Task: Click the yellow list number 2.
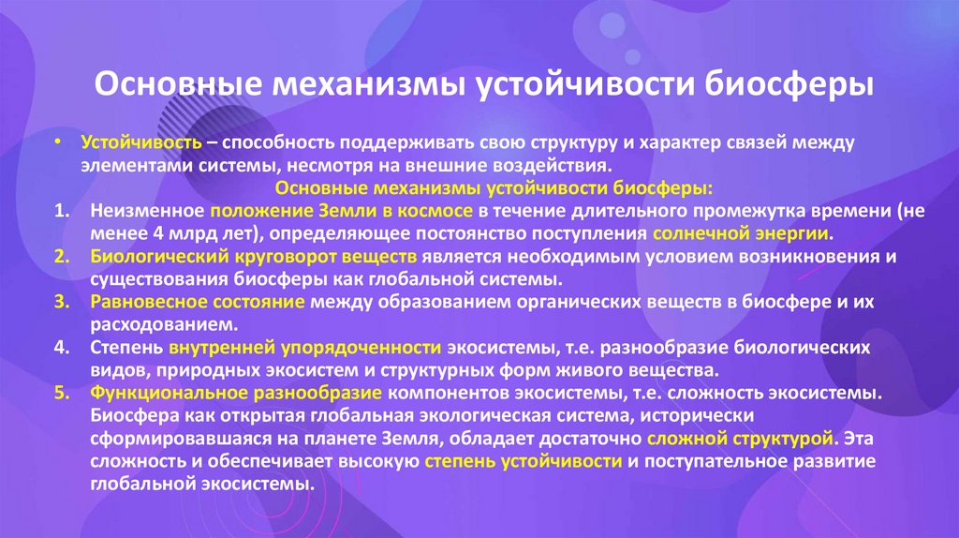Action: tap(61, 256)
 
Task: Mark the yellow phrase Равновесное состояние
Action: tap(198, 301)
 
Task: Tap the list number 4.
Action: tap(61, 347)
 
